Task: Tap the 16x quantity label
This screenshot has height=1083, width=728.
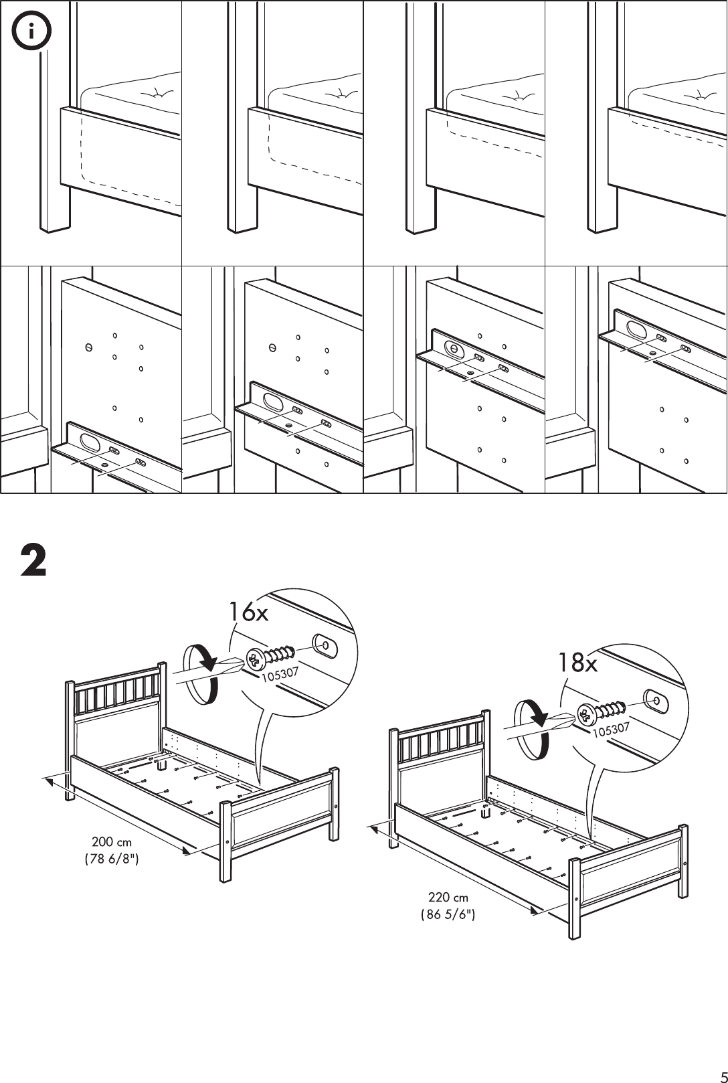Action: (x=248, y=611)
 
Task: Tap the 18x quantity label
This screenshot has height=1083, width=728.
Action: (x=578, y=663)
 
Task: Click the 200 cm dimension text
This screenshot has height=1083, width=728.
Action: (x=112, y=842)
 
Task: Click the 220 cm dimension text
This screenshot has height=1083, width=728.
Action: (x=448, y=897)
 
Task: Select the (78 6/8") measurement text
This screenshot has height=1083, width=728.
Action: (x=112, y=859)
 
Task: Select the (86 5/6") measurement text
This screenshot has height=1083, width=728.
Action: (x=448, y=914)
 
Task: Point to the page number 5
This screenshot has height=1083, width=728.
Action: (x=719, y=1072)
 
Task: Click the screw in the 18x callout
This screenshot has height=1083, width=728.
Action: (x=602, y=711)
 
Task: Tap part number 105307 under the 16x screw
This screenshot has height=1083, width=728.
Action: (x=279, y=675)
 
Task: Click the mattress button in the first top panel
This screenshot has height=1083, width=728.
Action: (x=158, y=94)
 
